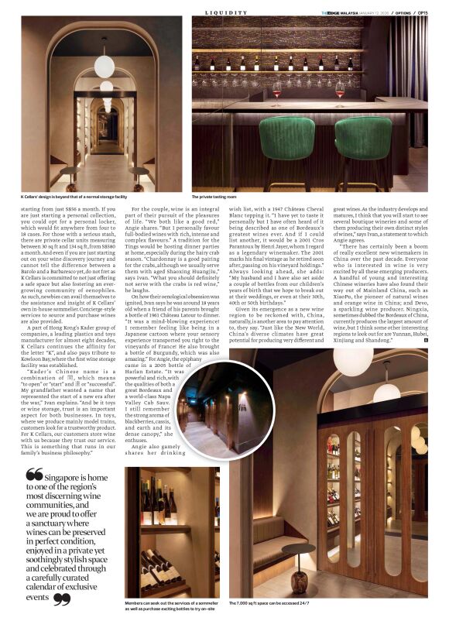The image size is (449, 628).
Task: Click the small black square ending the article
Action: coord(425,339)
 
